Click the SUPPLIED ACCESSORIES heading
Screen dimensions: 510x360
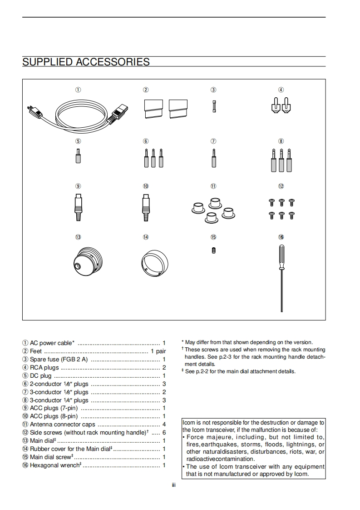(86, 62)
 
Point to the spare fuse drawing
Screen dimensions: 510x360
(214, 106)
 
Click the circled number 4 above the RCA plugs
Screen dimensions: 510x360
(281, 90)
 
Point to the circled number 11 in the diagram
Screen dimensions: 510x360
(213, 186)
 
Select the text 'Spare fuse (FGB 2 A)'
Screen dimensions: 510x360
(59, 360)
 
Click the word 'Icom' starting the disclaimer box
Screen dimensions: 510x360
(188, 423)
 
